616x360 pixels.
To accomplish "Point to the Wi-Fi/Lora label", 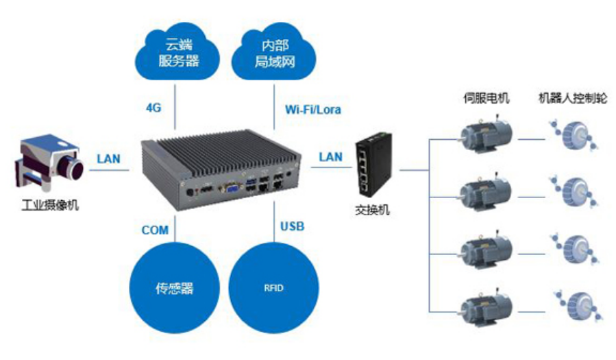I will click(312, 109).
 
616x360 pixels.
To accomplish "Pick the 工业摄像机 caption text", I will click(49, 204).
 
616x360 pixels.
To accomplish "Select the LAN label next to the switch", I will click(330, 157).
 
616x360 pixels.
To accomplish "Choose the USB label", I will click(292, 226).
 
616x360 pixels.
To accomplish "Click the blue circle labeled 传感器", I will click(174, 288).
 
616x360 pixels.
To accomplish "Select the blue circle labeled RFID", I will click(273, 288).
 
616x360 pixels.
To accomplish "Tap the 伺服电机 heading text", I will click(486, 98).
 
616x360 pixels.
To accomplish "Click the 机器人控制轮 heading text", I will click(572, 98).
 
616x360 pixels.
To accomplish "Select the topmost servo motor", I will click(486, 136).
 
